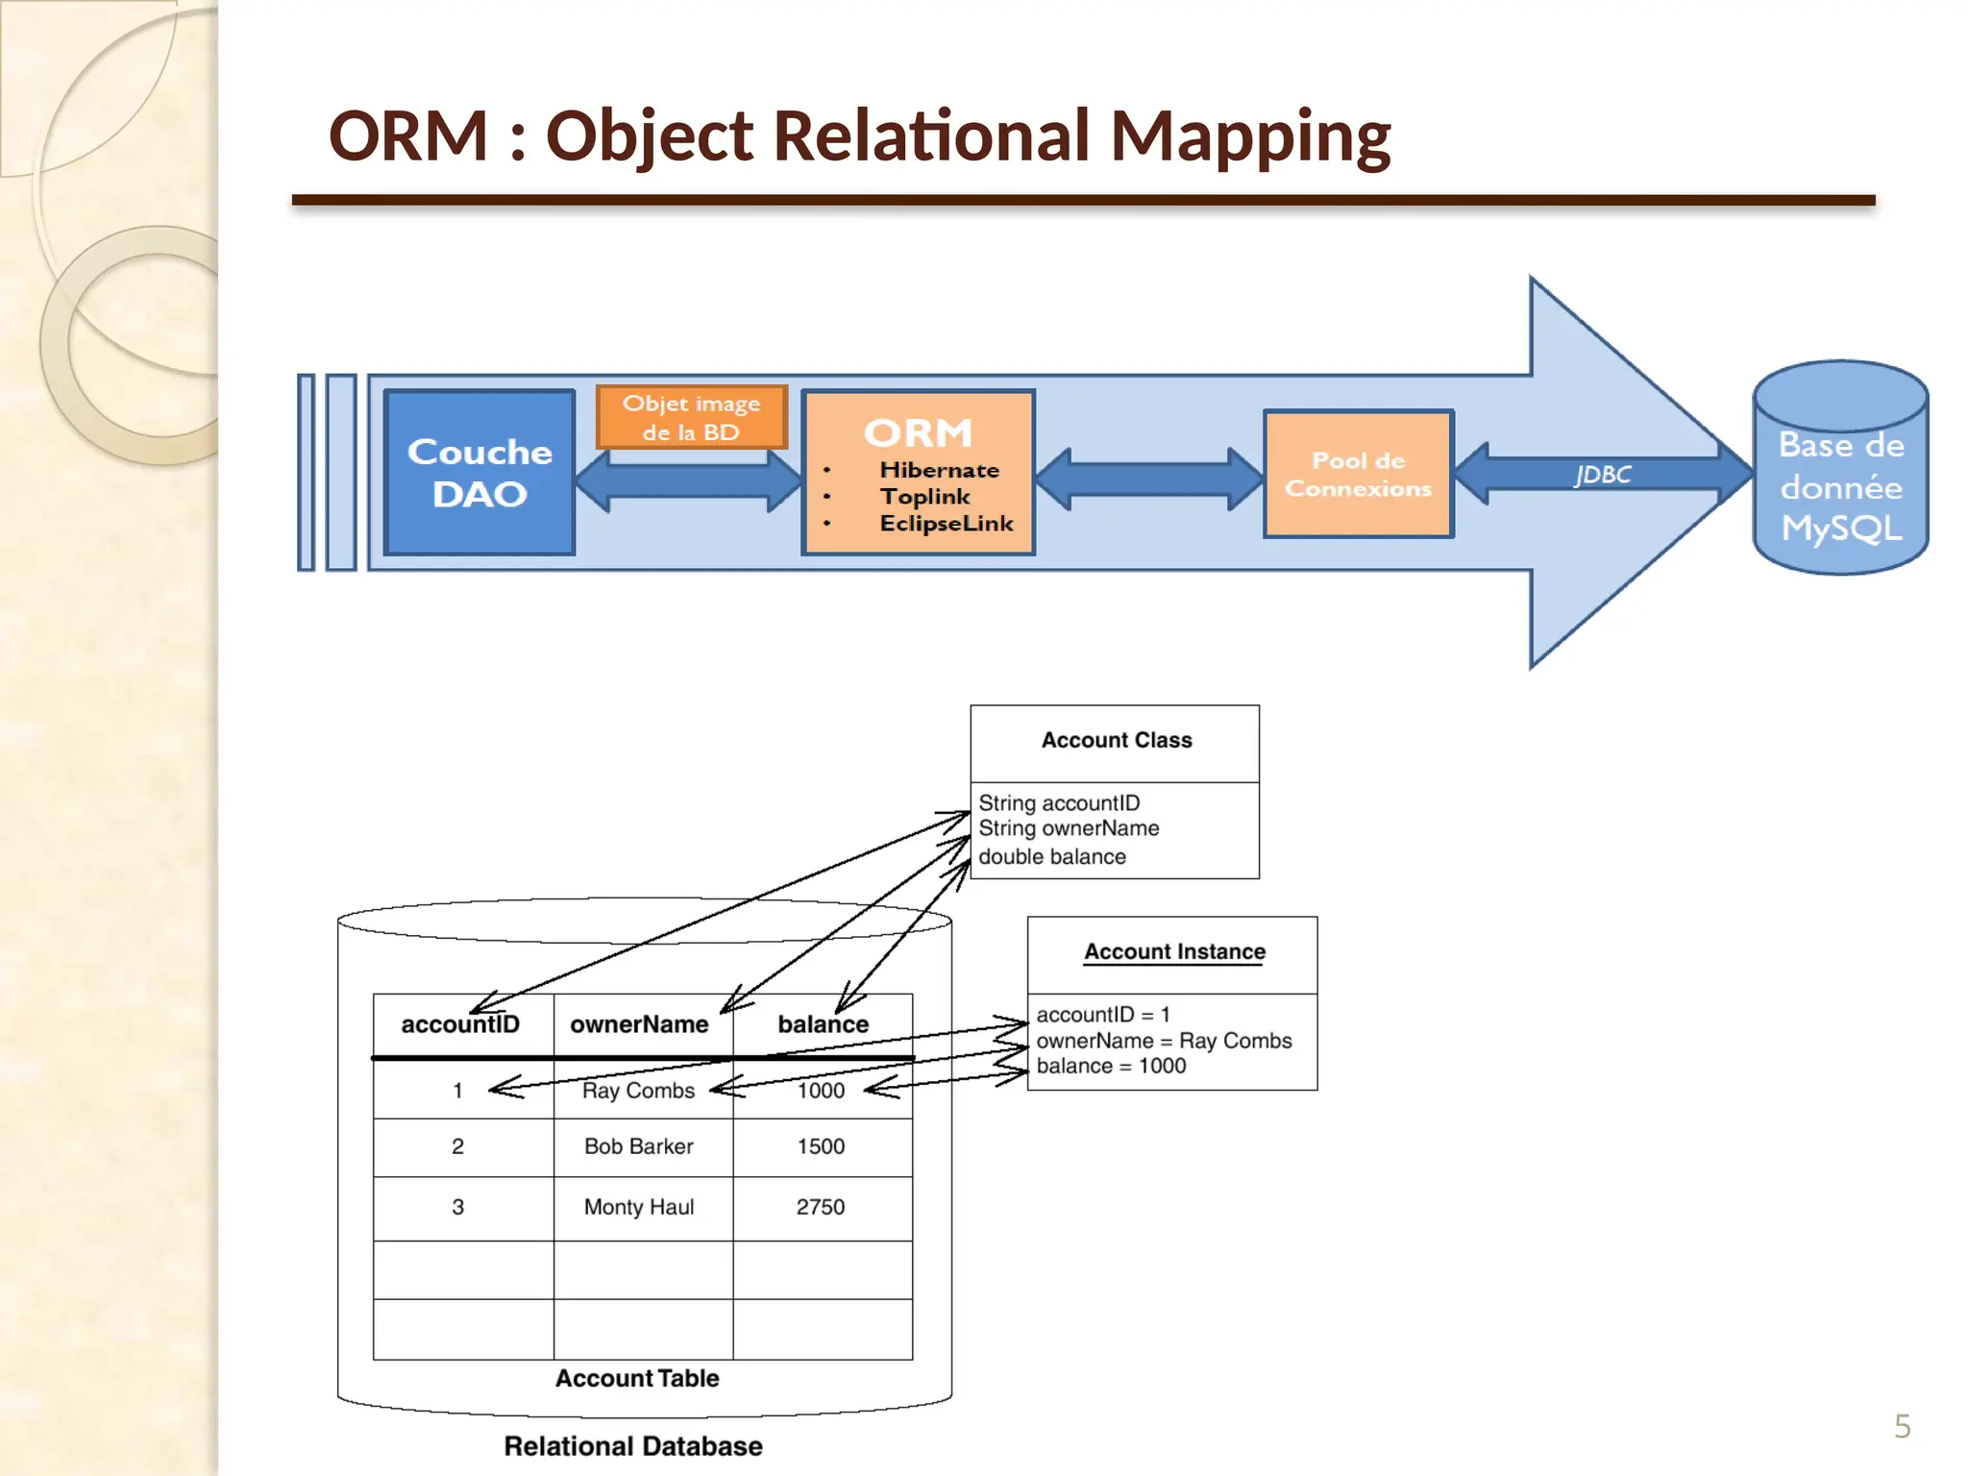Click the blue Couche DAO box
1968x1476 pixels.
point(480,472)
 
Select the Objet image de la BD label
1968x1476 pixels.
point(691,417)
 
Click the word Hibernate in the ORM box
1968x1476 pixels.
point(939,470)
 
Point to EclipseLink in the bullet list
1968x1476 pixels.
point(946,524)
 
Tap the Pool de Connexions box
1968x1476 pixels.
point(1358,474)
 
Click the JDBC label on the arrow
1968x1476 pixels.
point(1602,475)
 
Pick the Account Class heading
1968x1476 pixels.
point(1116,740)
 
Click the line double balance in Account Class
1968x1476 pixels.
point(1052,856)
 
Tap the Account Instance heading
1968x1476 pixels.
point(1174,951)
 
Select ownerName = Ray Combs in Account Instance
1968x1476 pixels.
point(1164,1041)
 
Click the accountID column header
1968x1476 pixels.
point(460,1024)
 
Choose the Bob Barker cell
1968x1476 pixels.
point(638,1146)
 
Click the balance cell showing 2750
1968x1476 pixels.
point(820,1207)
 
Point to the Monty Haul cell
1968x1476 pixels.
point(638,1207)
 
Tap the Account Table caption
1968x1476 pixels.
point(637,1378)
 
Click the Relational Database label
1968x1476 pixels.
point(633,1446)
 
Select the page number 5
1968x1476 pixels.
point(1902,1426)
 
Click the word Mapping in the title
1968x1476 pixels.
point(1249,135)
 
